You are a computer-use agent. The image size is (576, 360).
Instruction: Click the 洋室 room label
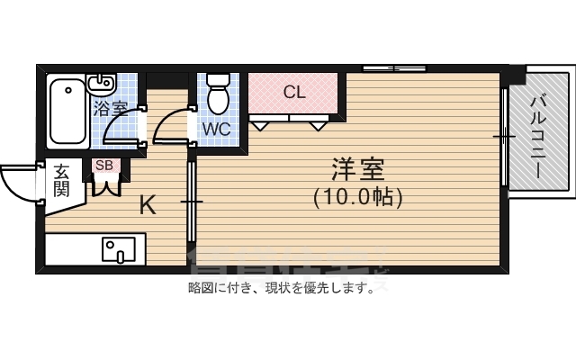click(358, 168)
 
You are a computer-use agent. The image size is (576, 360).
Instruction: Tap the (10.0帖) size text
click(358, 195)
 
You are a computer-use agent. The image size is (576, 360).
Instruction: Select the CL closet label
click(294, 92)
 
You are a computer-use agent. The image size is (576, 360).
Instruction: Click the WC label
click(216, 129)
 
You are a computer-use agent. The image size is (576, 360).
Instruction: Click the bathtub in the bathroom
click(67, 112)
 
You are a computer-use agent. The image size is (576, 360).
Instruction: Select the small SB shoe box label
click(103, 166)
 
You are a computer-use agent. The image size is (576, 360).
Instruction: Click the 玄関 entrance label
click(61, 180)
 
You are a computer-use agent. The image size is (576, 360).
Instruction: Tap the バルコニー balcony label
click(538, 137)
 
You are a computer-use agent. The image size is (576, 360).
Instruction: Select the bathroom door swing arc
click(121, 126)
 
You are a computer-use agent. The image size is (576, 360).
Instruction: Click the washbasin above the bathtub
click(100, 84)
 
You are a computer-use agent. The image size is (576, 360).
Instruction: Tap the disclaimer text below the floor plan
click(280, 289)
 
